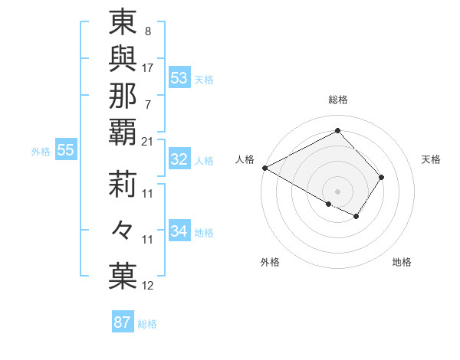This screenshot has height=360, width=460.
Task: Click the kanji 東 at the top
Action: click(x=123, y=25)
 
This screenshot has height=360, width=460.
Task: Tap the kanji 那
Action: click(x=123, y=96)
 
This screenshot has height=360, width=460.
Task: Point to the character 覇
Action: click(x=123, y=133)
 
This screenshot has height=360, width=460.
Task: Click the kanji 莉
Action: click(x=123, y=184)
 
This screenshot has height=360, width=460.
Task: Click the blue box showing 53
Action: click(x=179, y=77)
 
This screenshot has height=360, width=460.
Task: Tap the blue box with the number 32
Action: click(x=179, y=159)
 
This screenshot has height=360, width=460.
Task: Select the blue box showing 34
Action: click(x=179, y=231)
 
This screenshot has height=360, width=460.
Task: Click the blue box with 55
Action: click(x=66, y=150)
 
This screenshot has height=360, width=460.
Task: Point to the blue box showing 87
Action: click(x=123, y=322)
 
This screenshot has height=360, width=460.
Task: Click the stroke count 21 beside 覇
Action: click(x=148, y=141)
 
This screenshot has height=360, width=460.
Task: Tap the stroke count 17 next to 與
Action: click(x=148, y=67)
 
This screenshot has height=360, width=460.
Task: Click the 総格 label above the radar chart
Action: click(x=337, y=100)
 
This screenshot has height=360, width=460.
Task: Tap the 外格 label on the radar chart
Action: click(x=270, y=262)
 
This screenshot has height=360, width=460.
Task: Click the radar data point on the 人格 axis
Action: click(x=264, y=168)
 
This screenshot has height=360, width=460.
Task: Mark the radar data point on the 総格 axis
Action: click(x=337, y=130)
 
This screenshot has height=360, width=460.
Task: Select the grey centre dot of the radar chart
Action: click(x=337, y=191)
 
